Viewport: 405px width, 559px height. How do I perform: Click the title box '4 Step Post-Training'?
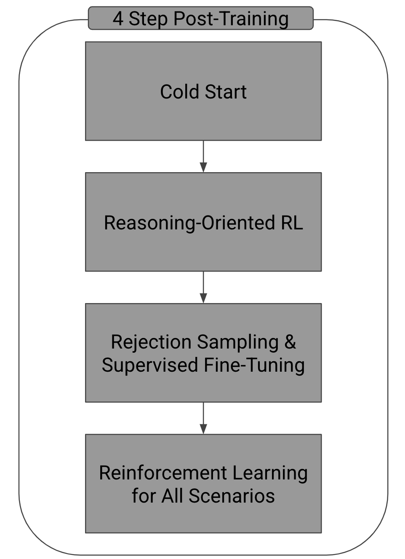(200, 19)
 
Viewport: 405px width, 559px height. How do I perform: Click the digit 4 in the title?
(118, 19)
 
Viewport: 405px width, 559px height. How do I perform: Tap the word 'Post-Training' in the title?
(231, 19)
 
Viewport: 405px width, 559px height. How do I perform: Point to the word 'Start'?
(225, 92)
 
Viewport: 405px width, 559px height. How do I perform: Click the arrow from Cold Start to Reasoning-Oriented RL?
(203, 156)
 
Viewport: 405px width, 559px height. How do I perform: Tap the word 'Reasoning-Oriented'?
(189, 223)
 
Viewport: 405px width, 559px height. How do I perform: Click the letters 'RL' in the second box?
(292, 223)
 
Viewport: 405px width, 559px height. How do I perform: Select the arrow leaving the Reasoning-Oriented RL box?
(203, 287)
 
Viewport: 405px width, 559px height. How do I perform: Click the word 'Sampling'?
(238, 342)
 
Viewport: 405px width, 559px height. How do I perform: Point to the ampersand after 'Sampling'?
(290, 342)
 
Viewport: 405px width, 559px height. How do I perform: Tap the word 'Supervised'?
(150, 365)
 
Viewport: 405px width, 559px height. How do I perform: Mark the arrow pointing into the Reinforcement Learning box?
(203, 418)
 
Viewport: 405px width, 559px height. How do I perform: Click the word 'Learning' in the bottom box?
(270, 473)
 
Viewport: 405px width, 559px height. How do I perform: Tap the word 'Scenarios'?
(232, 496)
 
